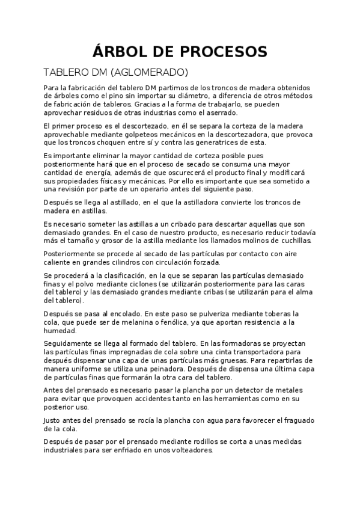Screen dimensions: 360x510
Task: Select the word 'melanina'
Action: click(x=135, y=322)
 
